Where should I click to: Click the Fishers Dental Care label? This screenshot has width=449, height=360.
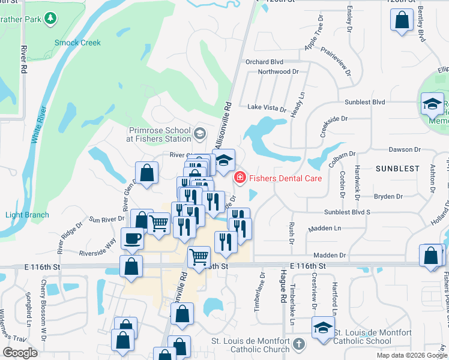(x=286, y=178)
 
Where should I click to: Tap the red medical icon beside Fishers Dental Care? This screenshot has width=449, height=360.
(x=240, y=178)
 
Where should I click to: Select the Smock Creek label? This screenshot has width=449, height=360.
(x=77, y=43)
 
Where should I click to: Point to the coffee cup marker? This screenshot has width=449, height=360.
(x=133, y=239)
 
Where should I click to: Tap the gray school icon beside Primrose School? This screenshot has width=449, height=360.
(x=200, y=133)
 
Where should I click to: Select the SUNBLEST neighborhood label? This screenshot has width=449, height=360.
(x=397, y=169)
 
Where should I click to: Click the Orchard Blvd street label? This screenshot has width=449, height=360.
(x=264, y=62)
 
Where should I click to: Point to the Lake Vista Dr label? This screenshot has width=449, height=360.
(x=267, y=108)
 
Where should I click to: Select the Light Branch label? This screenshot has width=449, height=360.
(x=27, y=215)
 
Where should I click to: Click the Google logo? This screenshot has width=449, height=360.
(x=20, y=352)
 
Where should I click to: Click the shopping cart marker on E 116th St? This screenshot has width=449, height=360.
(x=199, y=257)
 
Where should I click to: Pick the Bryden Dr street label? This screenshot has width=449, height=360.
(x=388, y=196)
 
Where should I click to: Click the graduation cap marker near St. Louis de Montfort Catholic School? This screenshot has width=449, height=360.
(x=323, y=329)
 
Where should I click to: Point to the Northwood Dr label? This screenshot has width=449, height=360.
(x=278, y=71)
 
